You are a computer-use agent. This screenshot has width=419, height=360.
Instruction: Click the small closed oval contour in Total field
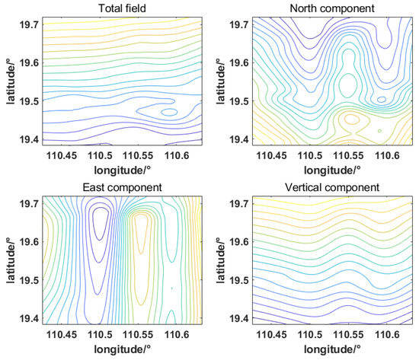tap(169, 112)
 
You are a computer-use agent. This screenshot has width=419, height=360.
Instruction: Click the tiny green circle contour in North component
tap(379, 131)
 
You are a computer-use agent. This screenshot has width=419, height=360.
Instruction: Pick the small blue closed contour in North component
tap(382, 99)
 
